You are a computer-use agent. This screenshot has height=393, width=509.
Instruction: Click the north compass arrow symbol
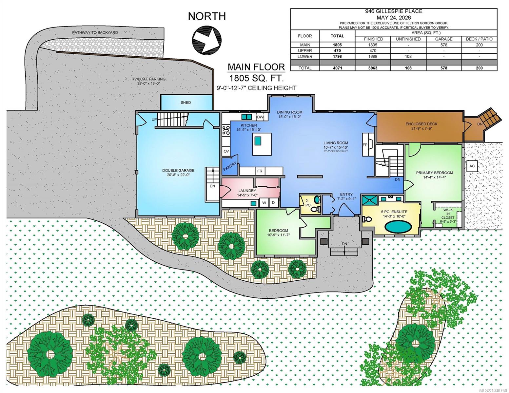(x=207, y=40)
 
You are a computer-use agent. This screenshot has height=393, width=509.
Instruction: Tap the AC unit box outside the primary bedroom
(x=472, y=166)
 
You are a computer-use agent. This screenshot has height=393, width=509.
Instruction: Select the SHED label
(x=186, y=103)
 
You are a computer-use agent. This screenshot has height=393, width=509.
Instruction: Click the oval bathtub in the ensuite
(x=398, y=227)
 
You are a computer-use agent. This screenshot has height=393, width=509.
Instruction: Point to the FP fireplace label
(x=365, y=145)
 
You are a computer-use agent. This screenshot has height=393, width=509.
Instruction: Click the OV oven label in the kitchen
(x=226, y=151)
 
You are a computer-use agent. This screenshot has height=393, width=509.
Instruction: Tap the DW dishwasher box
(x=260, y=117)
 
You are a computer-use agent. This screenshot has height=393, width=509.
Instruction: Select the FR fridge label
(x=260, y=171)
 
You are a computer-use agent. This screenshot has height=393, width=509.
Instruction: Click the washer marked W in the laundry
(x=264, y=203)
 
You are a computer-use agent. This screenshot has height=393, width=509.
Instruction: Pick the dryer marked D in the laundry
(x=273, y=203)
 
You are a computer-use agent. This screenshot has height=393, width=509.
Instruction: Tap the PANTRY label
(x=230, y=166)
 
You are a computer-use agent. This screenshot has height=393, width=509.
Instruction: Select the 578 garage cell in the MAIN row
(x=444, y=45)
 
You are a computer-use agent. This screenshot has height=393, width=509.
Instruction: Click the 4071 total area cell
(x=337, y=68)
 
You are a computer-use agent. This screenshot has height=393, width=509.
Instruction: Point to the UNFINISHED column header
(x=408, y=39)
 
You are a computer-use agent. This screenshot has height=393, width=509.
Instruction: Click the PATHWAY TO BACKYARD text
(x=95, y=32)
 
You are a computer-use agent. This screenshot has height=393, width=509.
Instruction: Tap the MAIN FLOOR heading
(x=256, y=67)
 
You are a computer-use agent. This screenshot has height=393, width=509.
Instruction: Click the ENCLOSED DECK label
(x=421, y=124)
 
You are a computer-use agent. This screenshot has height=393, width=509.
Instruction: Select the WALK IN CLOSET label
(x=448, y=214)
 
